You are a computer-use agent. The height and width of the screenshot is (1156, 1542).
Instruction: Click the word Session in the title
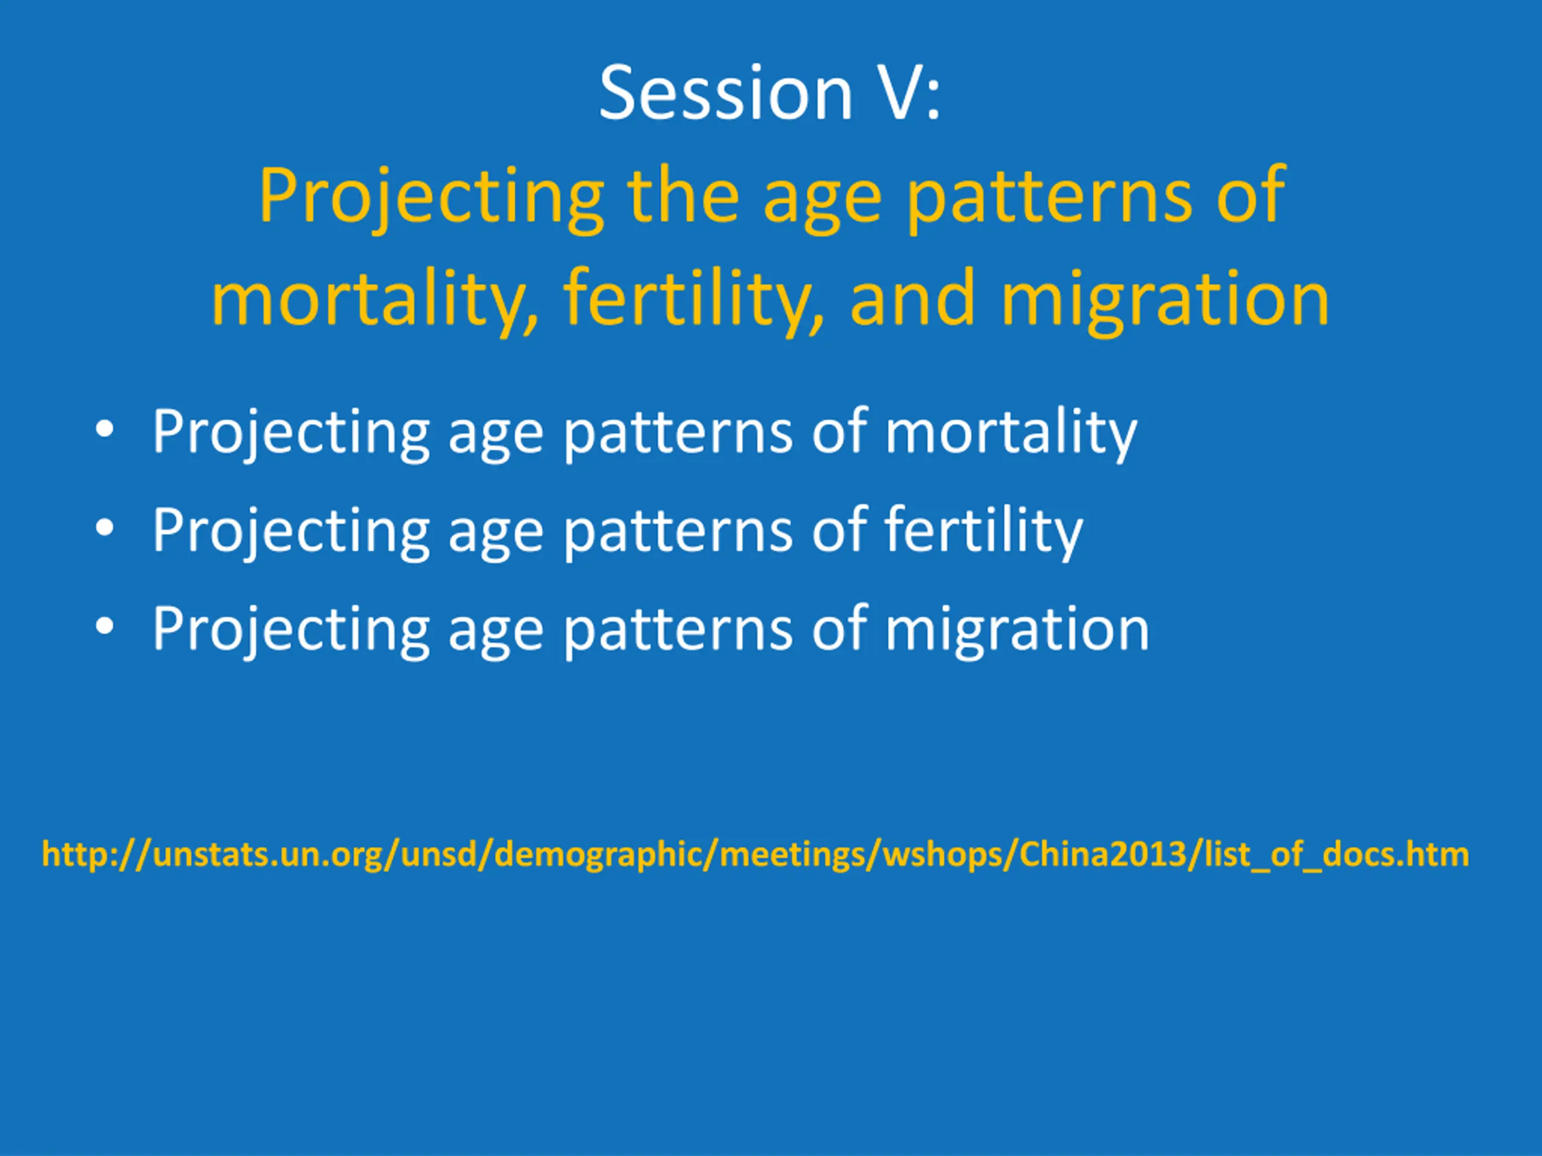click(x=726, y=93)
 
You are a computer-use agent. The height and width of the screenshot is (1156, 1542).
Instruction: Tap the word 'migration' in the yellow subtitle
click(x=1165, y=300)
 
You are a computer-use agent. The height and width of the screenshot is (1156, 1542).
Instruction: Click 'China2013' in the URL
click(x=1102, y=854)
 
